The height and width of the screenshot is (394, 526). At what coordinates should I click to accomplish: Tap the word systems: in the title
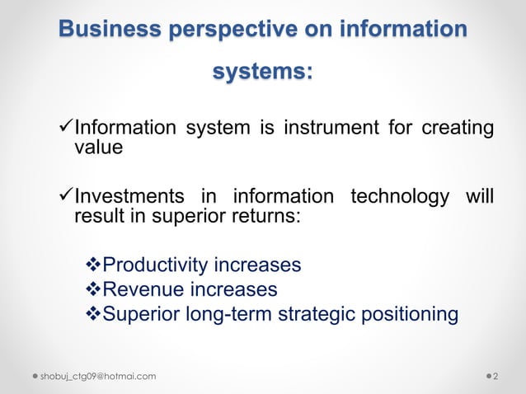[262, 73]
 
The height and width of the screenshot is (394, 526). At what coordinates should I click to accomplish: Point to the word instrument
[330, 129]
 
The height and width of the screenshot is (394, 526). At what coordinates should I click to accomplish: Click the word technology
[400, 198]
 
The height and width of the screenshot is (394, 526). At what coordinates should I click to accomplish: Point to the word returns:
[268, 218]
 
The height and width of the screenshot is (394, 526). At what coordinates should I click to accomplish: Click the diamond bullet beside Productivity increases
[93, 266]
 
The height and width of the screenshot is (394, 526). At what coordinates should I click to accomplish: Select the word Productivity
[156, 266]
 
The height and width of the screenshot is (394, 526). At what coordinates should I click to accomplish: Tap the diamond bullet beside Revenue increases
[93, 290]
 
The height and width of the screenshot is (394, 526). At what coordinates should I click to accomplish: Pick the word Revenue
[143, 290]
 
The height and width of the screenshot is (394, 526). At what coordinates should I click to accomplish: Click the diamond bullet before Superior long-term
[93, 314]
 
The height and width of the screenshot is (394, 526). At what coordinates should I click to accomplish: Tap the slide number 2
[495, 377]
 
